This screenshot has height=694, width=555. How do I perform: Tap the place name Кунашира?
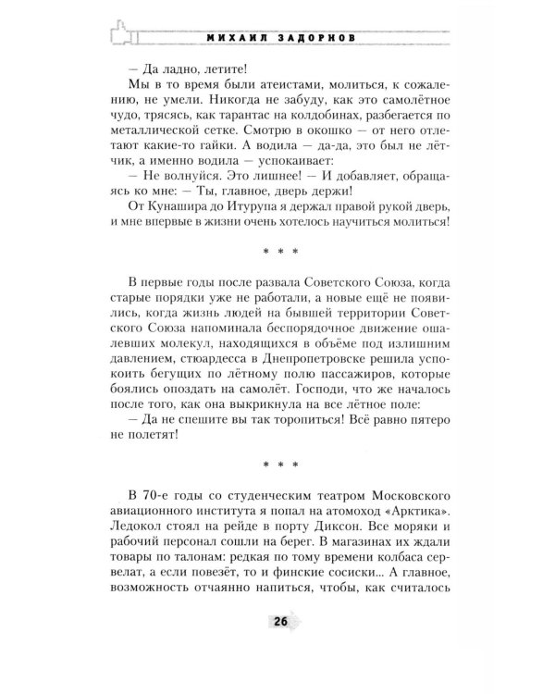pos(184,230)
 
